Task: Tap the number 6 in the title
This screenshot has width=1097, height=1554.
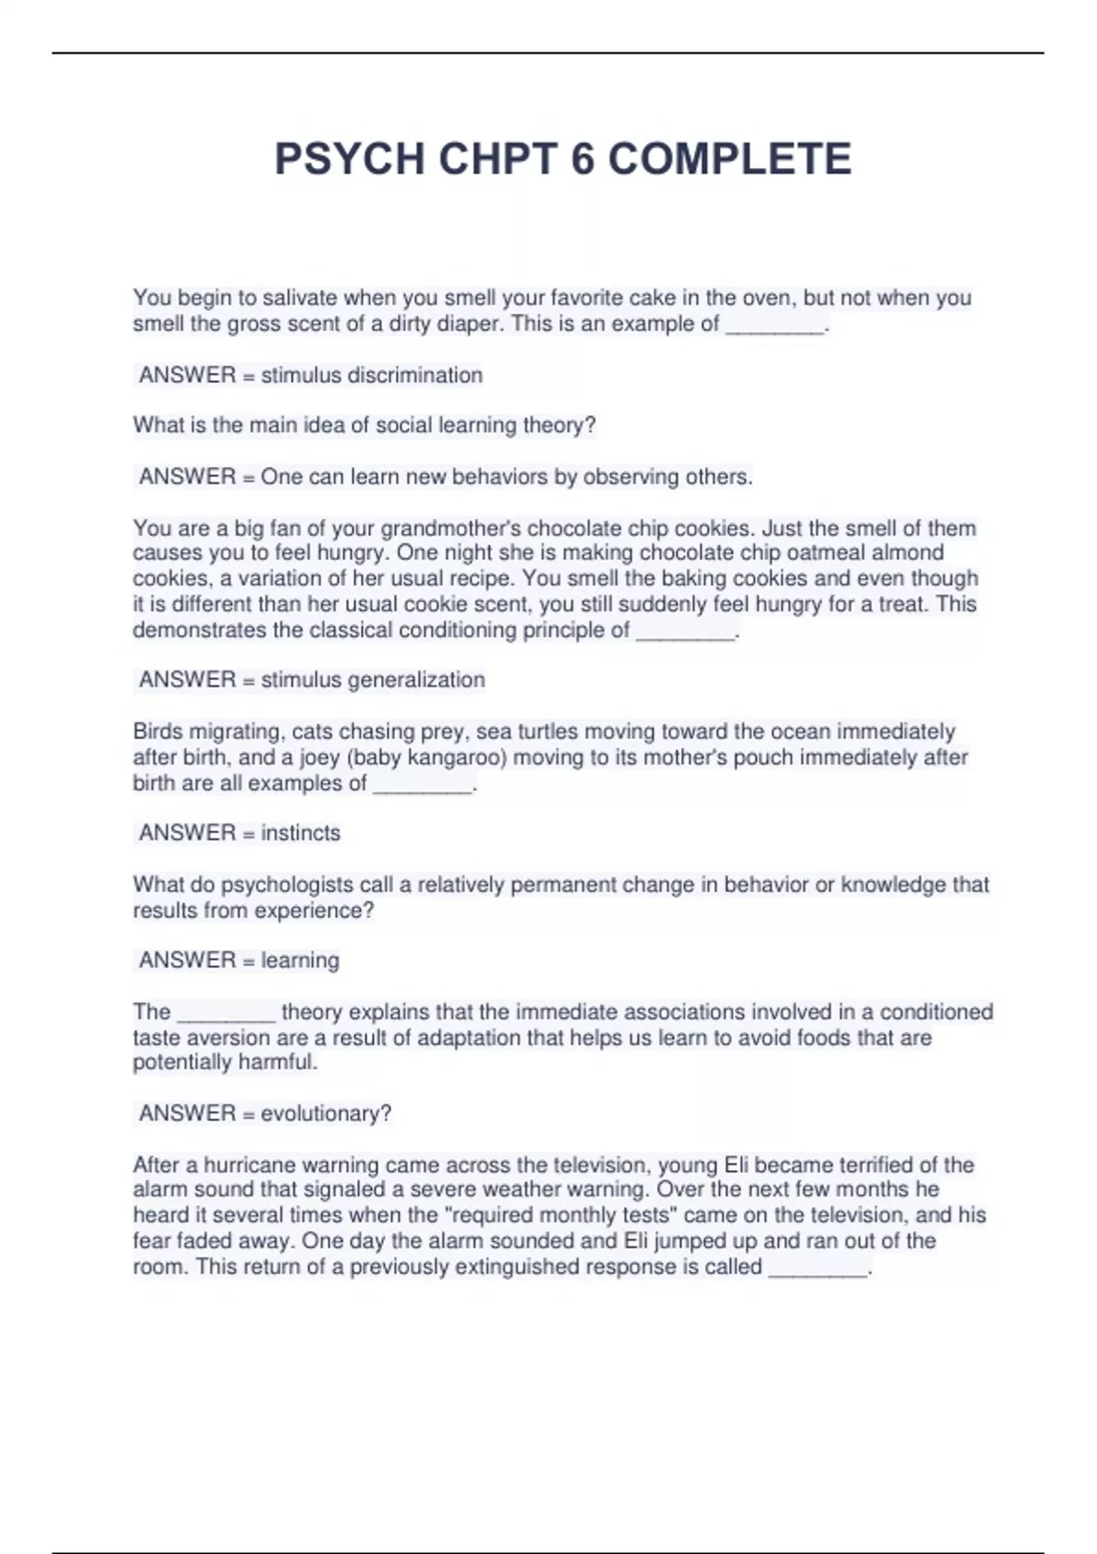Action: point(582,159)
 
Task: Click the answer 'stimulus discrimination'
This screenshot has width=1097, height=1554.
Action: point(371,375)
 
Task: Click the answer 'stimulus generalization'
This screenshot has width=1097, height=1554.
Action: point(372,680)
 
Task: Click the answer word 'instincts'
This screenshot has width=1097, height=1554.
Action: point(300,833)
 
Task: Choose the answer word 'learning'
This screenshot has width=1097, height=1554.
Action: point(300,960)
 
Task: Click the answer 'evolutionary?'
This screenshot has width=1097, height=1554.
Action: point(325,1113)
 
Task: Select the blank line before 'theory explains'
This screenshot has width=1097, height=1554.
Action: point(226,1014)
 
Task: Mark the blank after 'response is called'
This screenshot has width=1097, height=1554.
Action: point(817,1268)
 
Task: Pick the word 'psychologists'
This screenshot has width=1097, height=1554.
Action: point(288,885)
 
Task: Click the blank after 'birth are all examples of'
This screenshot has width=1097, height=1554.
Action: point(422,784)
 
